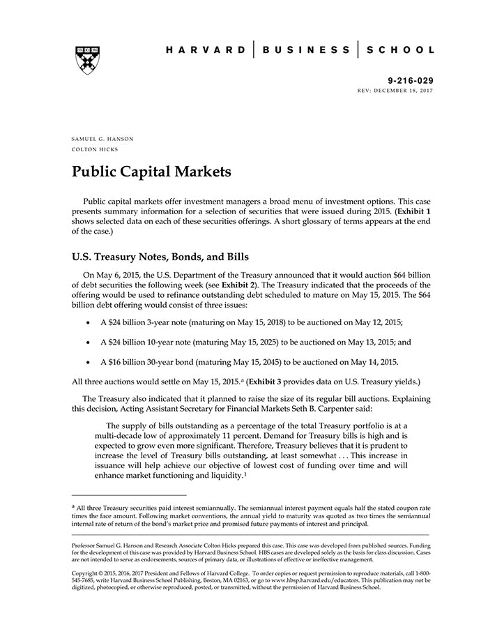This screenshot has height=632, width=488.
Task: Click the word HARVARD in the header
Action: [x=206, y=50]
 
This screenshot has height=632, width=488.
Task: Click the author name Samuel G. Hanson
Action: [x=102, y=139]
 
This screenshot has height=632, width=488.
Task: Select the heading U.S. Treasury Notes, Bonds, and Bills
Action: [x=160, y=257]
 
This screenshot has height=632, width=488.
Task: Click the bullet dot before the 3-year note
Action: [x=87, y=323]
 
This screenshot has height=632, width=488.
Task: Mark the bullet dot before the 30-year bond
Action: [x=87, y=362]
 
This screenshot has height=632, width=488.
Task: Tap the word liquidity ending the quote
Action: [x=225, y=474]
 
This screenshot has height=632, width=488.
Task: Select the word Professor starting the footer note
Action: [x=86, y=542]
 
